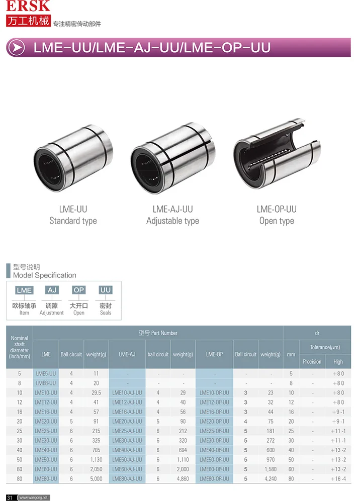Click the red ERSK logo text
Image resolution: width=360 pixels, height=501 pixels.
click(x=28, y=6)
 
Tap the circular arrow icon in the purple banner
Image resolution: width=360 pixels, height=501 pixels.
click(x=17, y=48)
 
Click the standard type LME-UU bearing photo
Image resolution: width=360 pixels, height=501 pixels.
click(x=73, y=158)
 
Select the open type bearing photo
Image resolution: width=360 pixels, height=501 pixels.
click(x=277, y=154)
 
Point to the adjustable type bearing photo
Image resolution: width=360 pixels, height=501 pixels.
click(x=173, y=158)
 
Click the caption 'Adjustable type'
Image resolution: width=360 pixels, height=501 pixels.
click(x=172, y=221)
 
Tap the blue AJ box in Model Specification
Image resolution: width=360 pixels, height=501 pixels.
click(x=52, y=290)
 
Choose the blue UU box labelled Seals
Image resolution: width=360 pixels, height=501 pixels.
click(x=106, y=290)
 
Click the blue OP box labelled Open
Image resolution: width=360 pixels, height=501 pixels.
click(x=78, y=290)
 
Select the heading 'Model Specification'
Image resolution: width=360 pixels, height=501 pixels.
click(x=45, y=275)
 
